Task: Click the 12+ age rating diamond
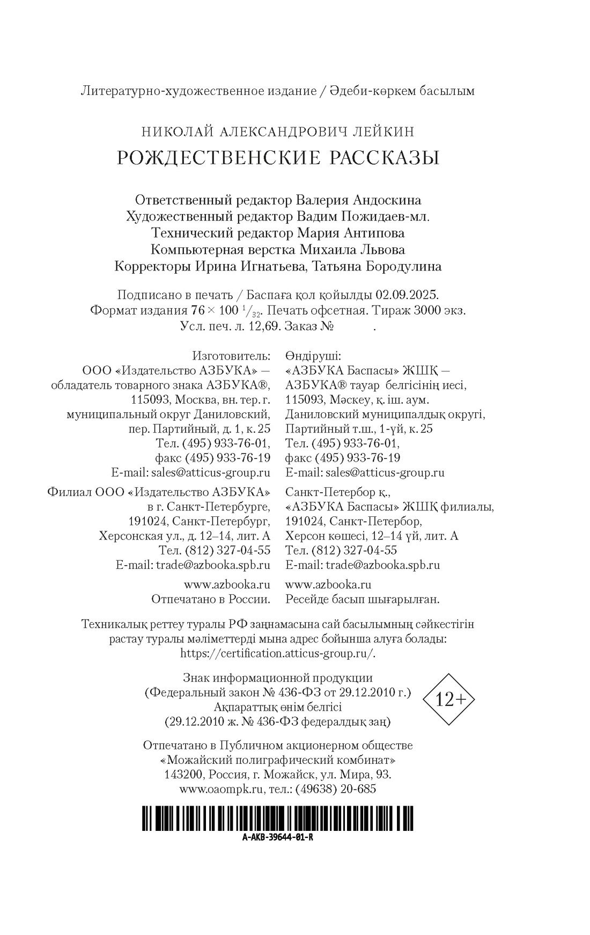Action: tap(448, 699)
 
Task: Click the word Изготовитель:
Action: tap(231, 356)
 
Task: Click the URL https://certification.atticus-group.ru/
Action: tap(278, 653)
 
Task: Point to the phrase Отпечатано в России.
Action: tap(211, 598)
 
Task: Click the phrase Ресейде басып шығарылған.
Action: tap(363, 598)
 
